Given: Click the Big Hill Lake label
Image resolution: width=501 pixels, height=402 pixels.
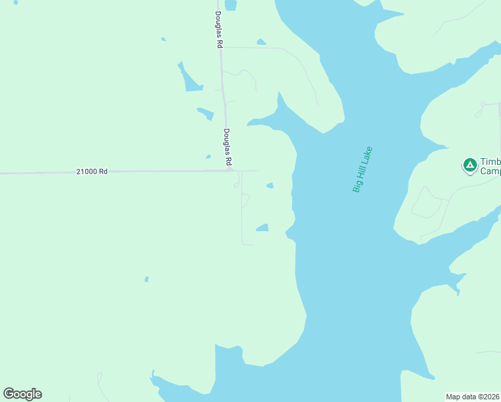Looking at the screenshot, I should click(362, 170).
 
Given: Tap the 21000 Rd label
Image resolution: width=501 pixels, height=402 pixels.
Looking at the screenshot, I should click(92, 172).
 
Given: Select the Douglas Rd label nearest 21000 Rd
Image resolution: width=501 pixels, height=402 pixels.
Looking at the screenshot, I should click(228, 147).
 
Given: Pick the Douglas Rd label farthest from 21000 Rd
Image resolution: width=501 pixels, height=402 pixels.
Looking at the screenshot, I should click(218, 29).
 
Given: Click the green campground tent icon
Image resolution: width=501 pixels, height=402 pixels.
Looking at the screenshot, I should click(470, 163).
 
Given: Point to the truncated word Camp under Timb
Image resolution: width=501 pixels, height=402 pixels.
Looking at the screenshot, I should click(491, 171).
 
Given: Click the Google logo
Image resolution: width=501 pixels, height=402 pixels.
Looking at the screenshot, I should click(22, 394).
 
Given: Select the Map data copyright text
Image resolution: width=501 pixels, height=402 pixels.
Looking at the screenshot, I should click(473, 396).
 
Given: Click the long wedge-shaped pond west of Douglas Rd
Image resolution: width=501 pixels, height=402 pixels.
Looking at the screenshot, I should click(190, 78).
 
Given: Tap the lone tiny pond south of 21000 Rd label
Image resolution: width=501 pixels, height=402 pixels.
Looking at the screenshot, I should click(146, 279).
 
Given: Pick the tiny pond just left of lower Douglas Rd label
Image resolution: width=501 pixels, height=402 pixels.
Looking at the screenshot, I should click(208, 157).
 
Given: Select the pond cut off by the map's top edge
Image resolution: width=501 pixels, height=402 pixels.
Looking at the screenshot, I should click(230, 5).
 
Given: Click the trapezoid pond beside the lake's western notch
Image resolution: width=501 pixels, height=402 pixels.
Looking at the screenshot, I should click(263, 228).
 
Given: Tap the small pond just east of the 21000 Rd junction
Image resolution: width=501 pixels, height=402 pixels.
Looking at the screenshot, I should click(270, 186).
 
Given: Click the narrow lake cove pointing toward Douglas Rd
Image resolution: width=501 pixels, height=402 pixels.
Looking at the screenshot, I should click(263, 121).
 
